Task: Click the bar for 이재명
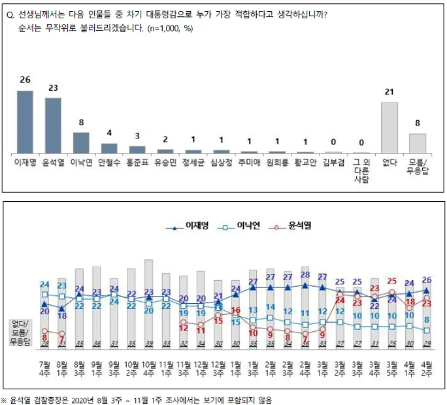point(25,121)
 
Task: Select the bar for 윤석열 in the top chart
point(53,125)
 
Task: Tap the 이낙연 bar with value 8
point(81,142)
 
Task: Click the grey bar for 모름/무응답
point(418,142)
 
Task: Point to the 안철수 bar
point(109,148)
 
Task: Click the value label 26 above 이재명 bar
point(25,80)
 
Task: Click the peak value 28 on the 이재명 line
point(305,275)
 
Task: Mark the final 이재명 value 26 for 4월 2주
point(426,280)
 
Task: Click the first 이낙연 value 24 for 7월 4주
point(44,284)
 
